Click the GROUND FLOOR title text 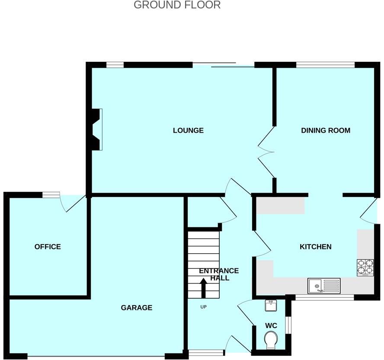pos(177,5)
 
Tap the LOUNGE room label pos(188,131)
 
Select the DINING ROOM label pos(325,131)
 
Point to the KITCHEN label pos(315,247)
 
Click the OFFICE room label pos(48,247)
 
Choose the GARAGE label pos(136,308)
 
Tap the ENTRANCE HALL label pos(219,274)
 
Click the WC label pos(271,325)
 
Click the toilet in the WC pos(271,340)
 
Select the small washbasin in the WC pos(271,306)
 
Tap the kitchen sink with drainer pos(324,286)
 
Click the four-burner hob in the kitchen pos(365,268)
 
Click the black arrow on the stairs pos(203,288)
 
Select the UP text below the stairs pos(203,307)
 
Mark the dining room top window pos(325,65)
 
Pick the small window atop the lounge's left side pos(115,65)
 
